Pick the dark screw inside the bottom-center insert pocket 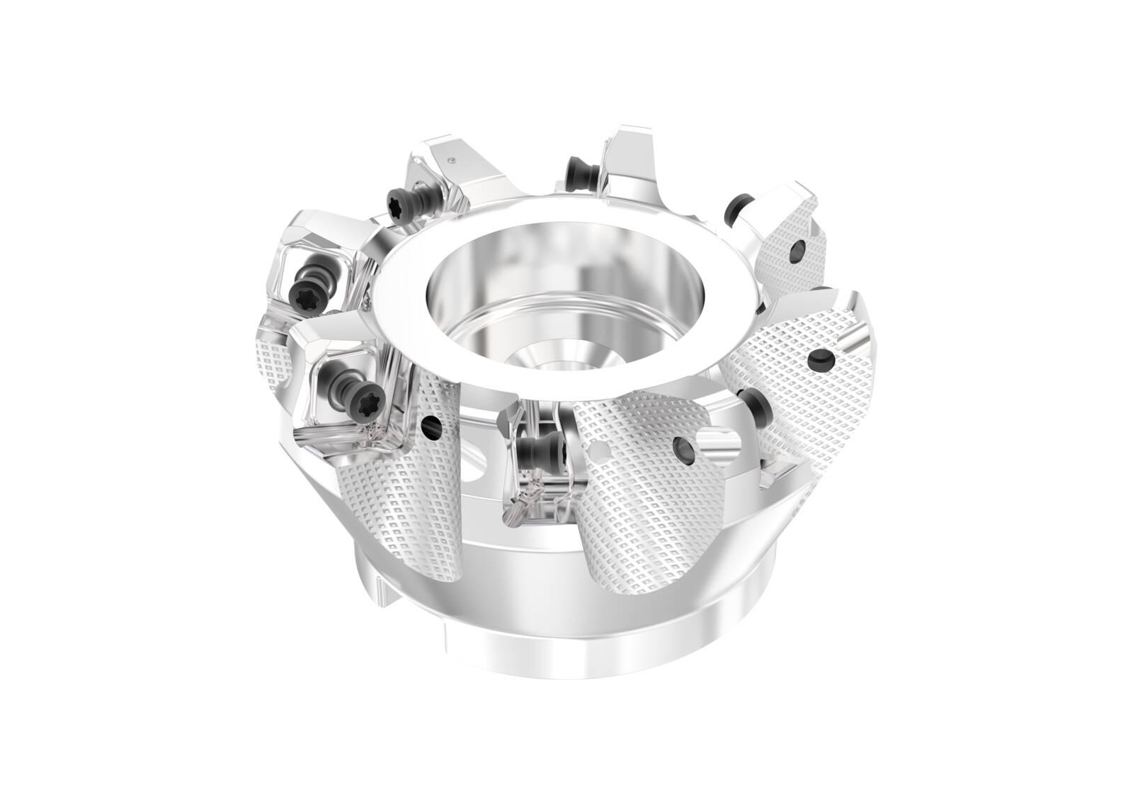click(533, 448)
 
